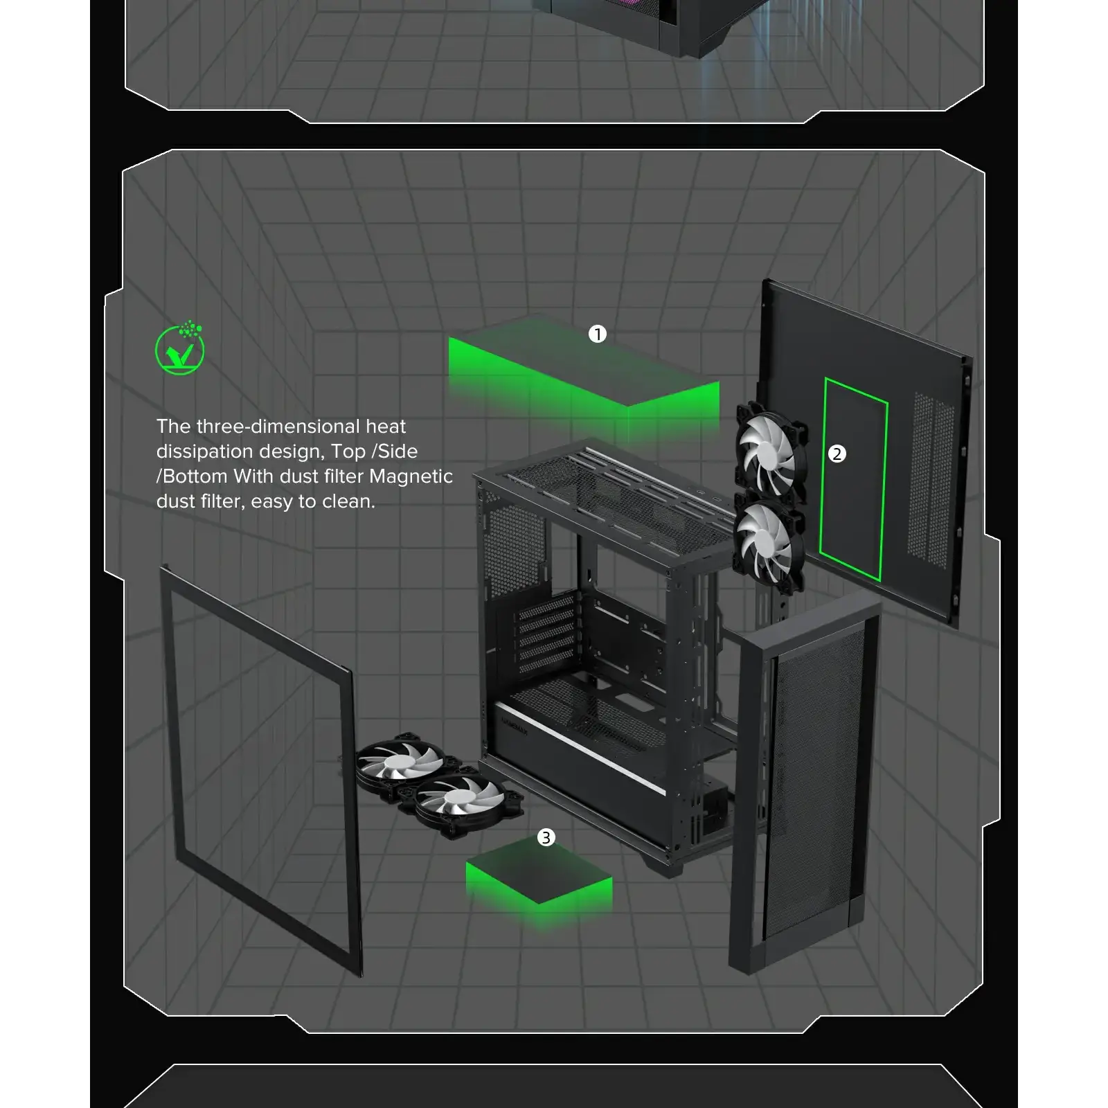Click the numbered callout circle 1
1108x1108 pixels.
[597, 334]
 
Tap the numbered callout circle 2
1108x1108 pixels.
[837, 454]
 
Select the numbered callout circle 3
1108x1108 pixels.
[546, 838]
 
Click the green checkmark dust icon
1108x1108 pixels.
[180, 348]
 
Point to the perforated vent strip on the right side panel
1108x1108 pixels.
[931, 479]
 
